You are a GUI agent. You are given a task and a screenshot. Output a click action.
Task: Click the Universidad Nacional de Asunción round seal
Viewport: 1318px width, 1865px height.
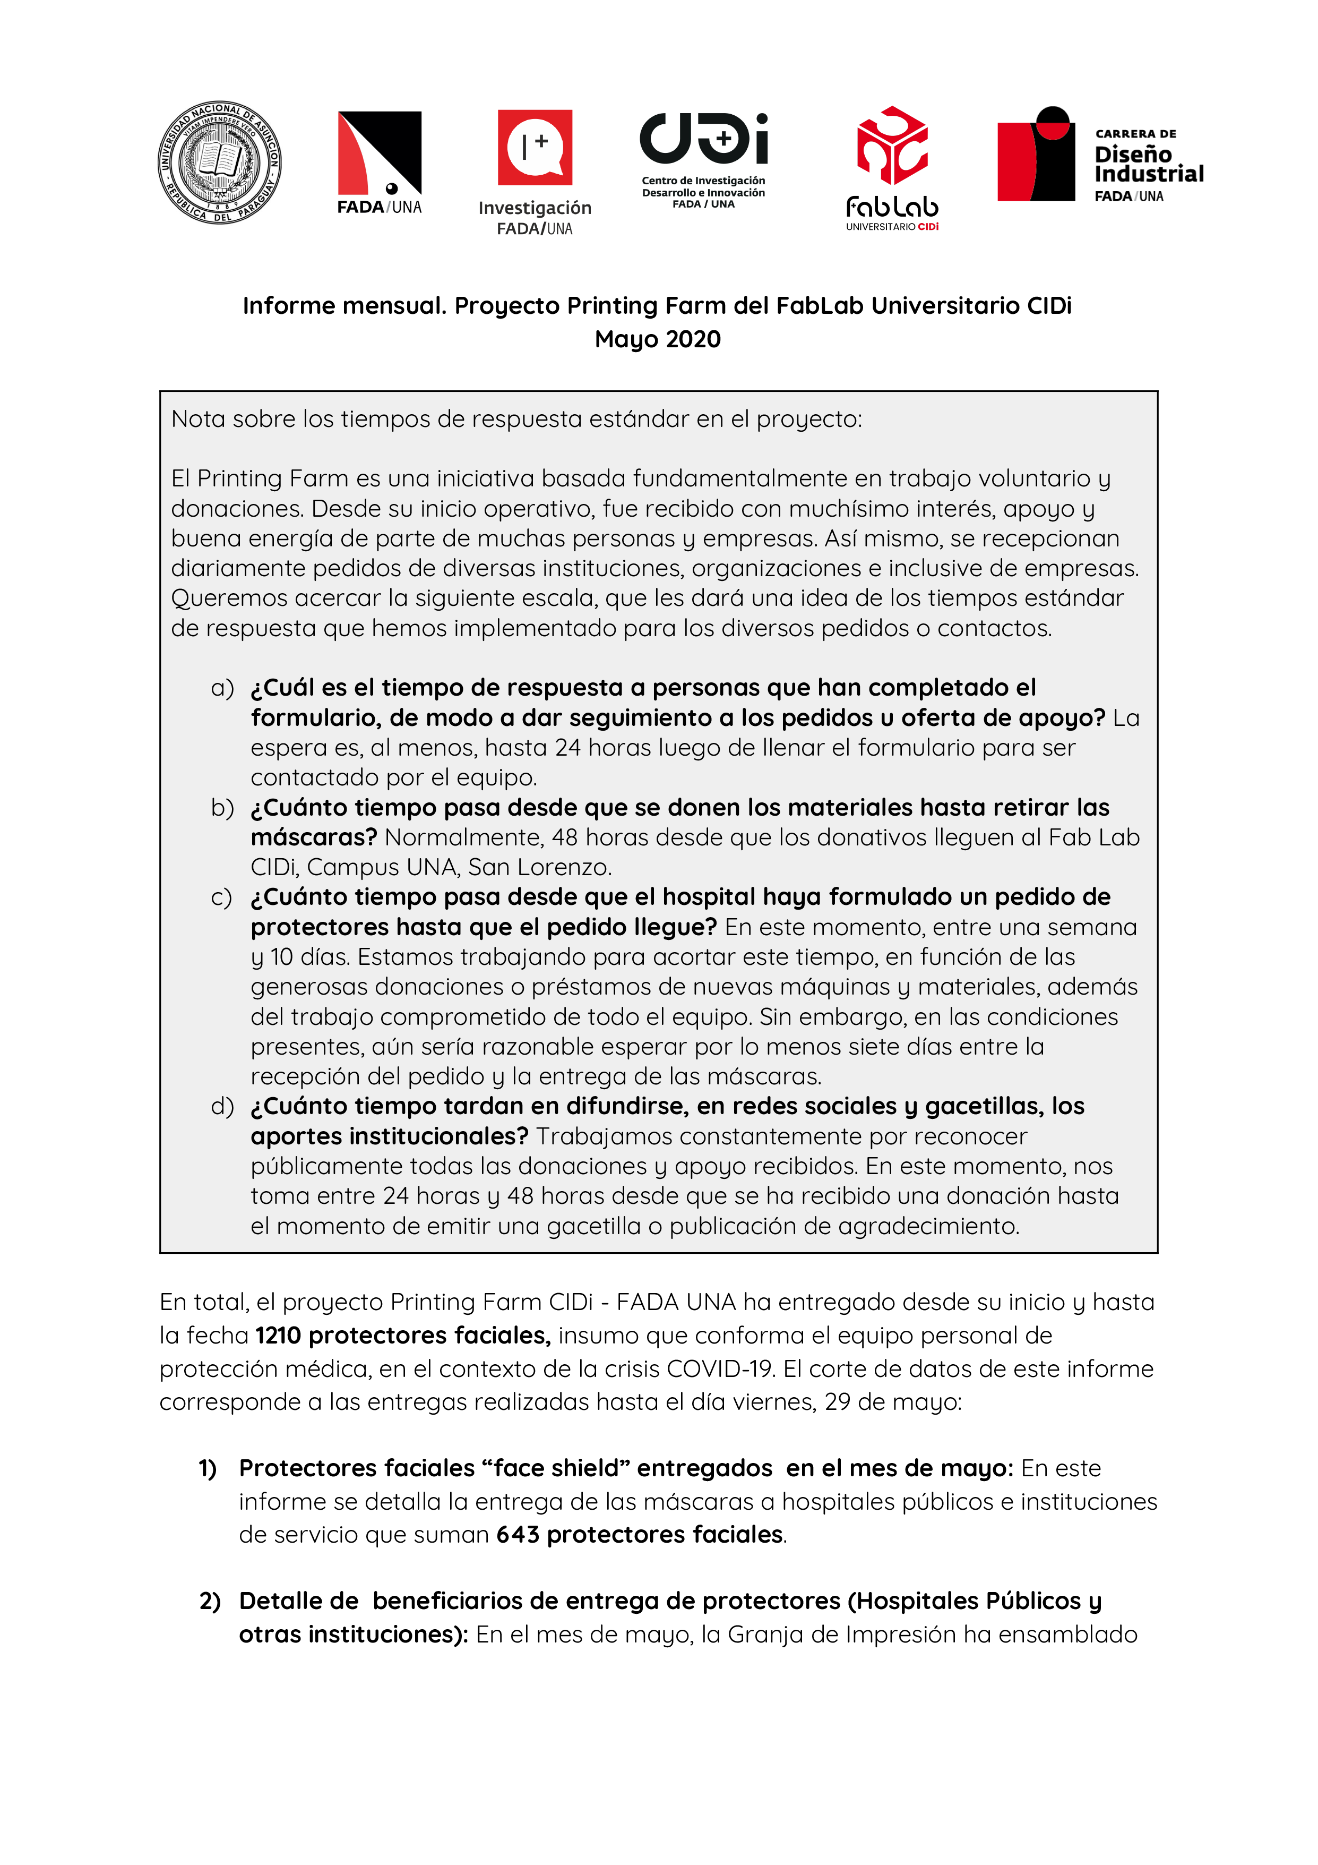coord(219,162)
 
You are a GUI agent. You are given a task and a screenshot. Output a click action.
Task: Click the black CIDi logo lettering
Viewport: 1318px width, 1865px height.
coord(703,138)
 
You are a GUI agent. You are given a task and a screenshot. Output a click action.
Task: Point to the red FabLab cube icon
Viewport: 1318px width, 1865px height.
coord(892,146)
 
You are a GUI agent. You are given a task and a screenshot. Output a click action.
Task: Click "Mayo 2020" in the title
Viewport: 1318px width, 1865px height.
coord(658,339)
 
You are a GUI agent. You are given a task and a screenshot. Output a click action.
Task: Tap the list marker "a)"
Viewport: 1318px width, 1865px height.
coord(222,688)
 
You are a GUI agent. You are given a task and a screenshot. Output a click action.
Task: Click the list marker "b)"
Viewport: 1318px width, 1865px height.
coord(222,807)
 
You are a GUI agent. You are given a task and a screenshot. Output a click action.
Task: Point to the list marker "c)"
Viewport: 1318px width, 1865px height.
coord(221,897)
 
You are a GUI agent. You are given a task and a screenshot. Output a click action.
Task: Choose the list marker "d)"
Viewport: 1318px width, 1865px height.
coord(222,1106)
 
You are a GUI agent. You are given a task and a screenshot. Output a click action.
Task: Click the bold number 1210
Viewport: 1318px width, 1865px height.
coord(278,1336)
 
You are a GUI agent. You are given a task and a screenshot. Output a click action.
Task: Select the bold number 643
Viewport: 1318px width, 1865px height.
coord(518,1534)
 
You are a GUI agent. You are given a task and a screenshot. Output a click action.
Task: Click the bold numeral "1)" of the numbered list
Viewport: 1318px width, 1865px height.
coord(208,1469)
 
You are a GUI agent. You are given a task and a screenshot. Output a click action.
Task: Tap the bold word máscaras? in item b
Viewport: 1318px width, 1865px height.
coord(314,837)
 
